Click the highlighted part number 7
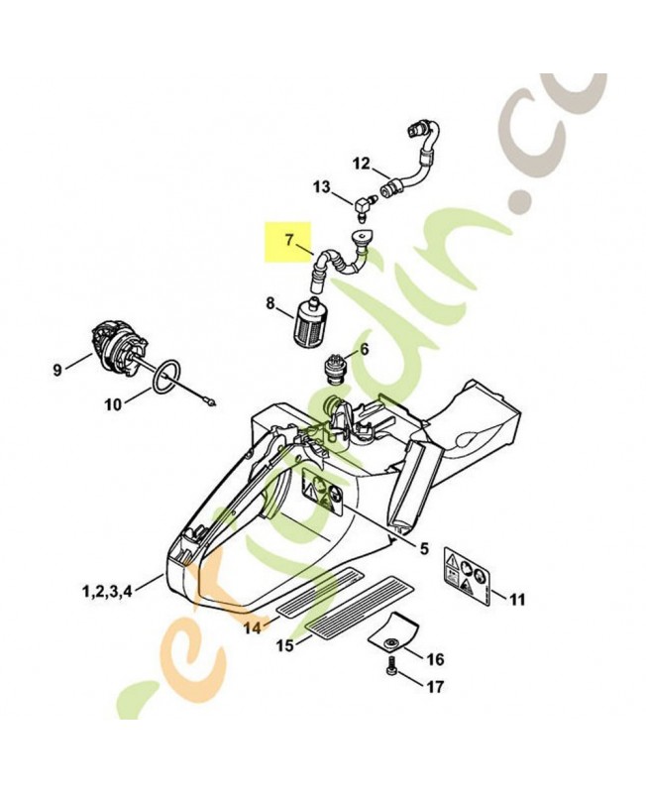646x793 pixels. (x=289, y=239)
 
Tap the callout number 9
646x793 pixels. (x=56, y=370)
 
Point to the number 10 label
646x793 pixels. (x=112, y=403)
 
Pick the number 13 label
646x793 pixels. (x=321, y=186)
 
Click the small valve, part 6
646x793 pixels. (x=337, y=373)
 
